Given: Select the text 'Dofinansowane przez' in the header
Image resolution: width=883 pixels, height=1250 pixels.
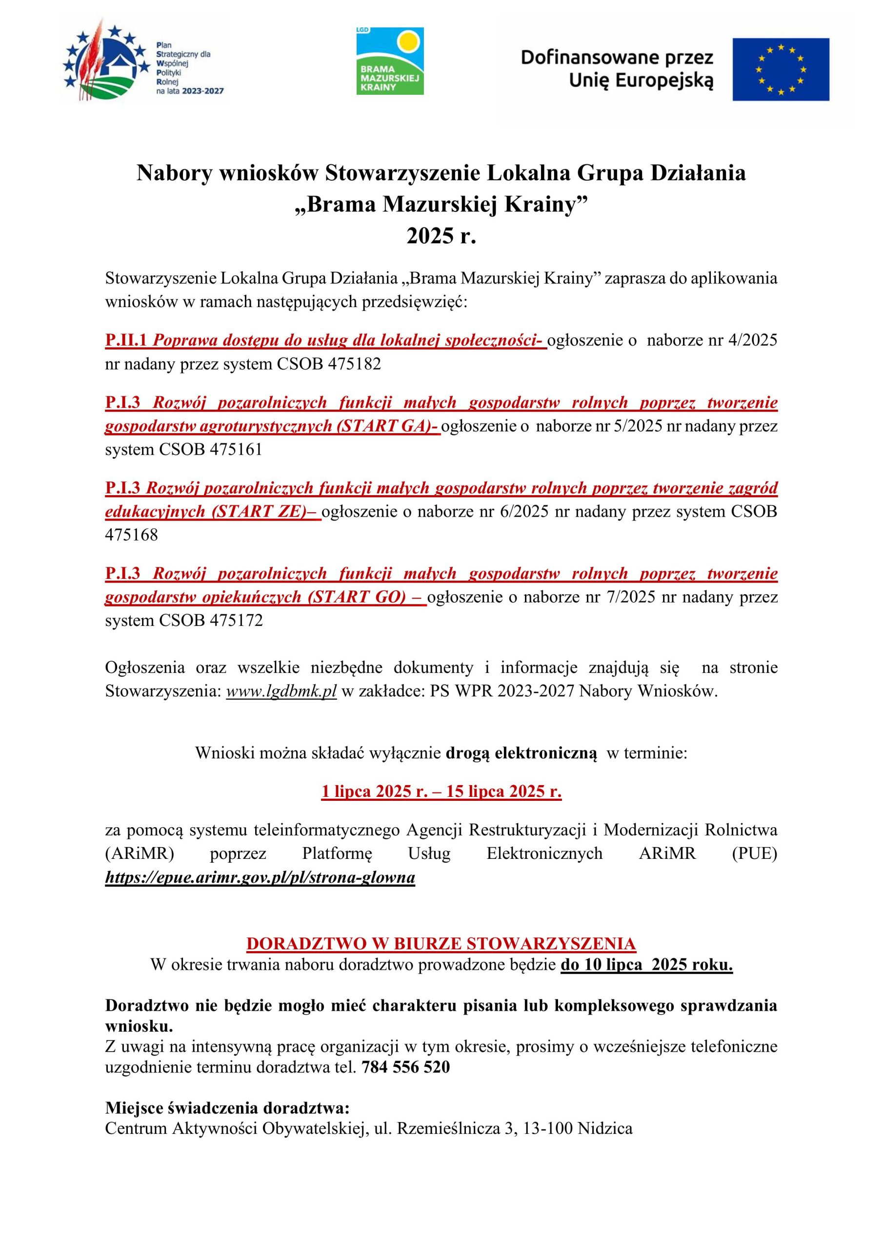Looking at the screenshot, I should point(617,58).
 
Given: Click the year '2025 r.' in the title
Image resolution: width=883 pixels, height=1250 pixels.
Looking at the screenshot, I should point(441,236).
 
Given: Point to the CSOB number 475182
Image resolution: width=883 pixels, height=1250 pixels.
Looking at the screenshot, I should point(354,364).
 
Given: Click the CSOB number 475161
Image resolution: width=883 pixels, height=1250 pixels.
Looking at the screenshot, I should point(236,450).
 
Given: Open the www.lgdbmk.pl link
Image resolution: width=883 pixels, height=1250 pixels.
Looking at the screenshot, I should point(281,691).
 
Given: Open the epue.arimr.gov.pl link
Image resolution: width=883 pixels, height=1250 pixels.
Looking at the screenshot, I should point(260,877).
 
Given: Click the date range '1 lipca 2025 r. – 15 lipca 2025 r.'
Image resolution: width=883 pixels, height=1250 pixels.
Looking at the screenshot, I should point(441,792).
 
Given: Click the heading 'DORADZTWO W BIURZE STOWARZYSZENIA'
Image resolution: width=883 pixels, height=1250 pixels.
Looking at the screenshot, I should point(441,943).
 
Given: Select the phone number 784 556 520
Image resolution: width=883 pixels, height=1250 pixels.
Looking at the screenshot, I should point(406,1067).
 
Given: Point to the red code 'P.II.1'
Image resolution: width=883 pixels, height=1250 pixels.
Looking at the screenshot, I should point(126,341).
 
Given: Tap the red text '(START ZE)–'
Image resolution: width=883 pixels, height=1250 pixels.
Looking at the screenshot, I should point(265,512).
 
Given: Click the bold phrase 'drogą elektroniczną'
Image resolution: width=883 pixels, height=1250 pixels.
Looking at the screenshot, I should point(521,753).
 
